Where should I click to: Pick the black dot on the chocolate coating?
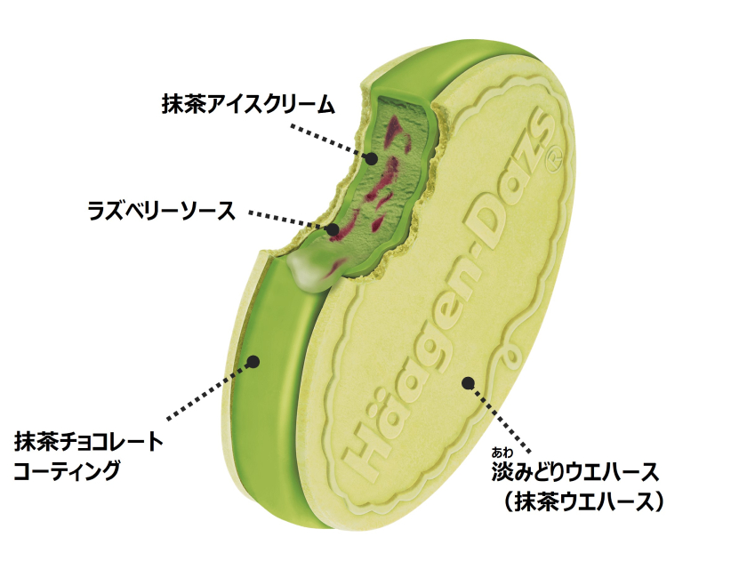[254, 362]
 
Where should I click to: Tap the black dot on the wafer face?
[469, 383]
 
